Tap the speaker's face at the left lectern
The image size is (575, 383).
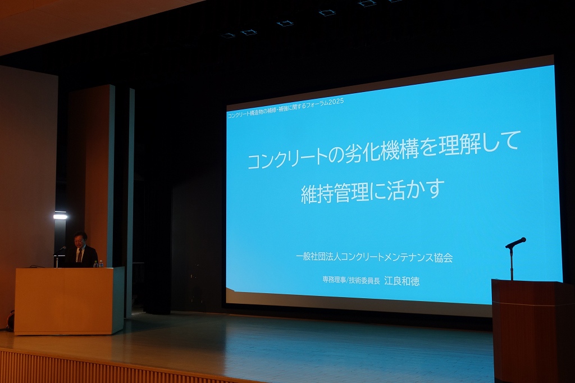tap(80, 240)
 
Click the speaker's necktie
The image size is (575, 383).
tap(79, 256)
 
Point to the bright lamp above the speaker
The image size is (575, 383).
tap(61, 216)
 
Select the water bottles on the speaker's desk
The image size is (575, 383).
tap(98, 263)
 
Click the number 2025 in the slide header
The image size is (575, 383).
tap(336, 101)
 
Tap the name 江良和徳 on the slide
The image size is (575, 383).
tap(401, 281)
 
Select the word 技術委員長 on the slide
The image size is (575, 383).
tap(364, 281)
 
